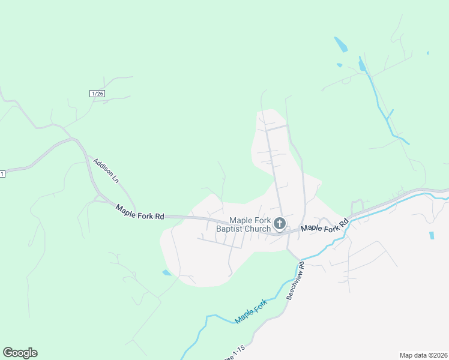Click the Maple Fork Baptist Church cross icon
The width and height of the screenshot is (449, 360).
(279, 224)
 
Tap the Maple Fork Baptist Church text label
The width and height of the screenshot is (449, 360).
(250, 224)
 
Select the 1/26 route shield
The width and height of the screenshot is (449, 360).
(97, 93)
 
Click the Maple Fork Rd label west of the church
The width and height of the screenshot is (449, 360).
(140, 212)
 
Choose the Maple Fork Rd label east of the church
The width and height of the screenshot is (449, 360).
(324, 226)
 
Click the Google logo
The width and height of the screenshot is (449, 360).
(20, 353)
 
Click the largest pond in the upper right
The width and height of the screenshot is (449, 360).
(340, 44)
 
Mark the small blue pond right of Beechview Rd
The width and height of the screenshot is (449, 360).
(432, 235)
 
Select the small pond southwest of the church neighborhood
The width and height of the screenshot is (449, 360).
(166, 273)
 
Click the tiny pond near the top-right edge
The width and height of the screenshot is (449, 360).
(427, 53)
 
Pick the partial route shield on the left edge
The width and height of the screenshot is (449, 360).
(2, 174)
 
